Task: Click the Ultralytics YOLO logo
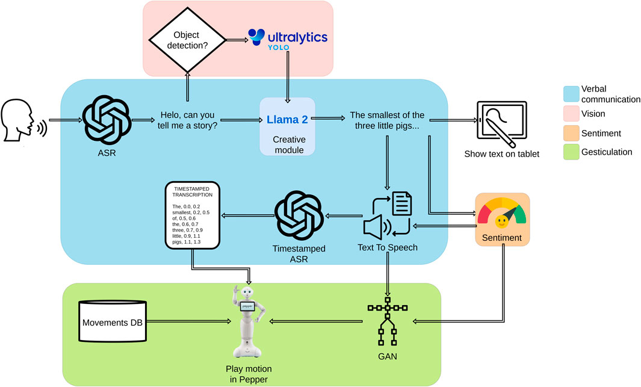click(x=288, y=38)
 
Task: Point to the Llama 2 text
click(x=287, y=120)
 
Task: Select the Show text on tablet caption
click(x=501, y=154)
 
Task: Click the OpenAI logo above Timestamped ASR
click(x=300, y=214)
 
